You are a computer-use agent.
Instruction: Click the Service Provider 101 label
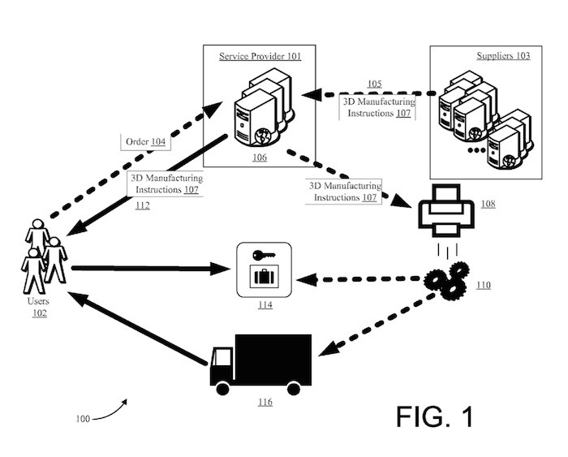pyautogui.click(x=260, y=56)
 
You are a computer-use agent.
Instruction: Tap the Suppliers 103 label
pyautogui.click(x=503, y=56)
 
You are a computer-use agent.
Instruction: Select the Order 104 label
pyautogui.click(x=145, y=142)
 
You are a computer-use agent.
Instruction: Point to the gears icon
pyautogui.click(x=446, y=278)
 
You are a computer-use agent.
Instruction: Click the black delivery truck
pyautogui.click(x=260, y=360)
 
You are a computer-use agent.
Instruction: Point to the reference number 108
pyautogui.click(x=488, y=203)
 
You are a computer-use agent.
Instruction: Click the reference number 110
pyautogui.click(x=484, y=286)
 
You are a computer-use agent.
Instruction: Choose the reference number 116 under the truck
pyautogui.click(x=265, y=402)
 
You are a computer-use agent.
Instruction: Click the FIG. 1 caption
pyautogui.click(x=434, y=416)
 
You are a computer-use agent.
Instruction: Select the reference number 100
pyautogui.click(x=82, y=419)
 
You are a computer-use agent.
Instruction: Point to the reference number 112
pyautogui.click(x=143, y=205)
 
